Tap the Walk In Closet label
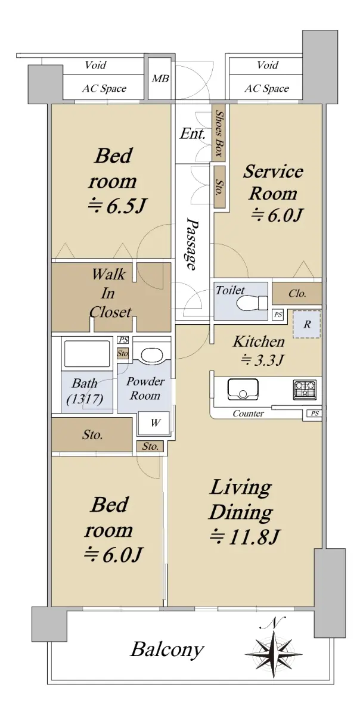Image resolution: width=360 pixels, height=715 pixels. click(x=108, y=293)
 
